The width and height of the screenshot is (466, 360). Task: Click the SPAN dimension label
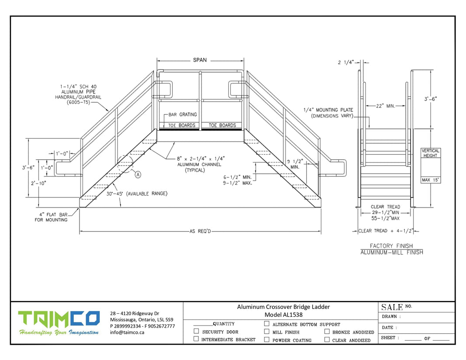[x=200, y=60]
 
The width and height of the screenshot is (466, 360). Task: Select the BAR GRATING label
[x=183, y=115]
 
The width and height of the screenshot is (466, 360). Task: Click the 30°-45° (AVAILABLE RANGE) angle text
[x=137, y=194]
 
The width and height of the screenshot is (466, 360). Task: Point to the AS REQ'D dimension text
[x=201, y=231]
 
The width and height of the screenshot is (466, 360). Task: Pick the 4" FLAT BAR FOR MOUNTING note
[x=51, y=217]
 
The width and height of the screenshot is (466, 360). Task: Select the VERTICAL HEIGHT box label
[x=431, y=153]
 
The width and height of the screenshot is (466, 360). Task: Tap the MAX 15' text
[x=431, y=180]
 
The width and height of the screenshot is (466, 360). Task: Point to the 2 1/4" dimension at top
[x=346, y=62]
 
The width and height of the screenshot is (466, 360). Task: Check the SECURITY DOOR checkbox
[x=196, y=331]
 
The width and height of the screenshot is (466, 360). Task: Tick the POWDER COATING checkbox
[x=267, y=339]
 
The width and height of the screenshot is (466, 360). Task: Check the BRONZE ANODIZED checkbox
[x=327, y=332]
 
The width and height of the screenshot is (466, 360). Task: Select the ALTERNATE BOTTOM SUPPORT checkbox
[x=267, y=324]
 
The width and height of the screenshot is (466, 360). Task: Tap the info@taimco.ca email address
[x=127, y=332]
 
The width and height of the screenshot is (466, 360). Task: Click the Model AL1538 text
[x=283, y=315]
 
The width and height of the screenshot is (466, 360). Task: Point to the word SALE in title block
[x=392, y=308]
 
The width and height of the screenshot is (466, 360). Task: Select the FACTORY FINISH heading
[x=391, y=246]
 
